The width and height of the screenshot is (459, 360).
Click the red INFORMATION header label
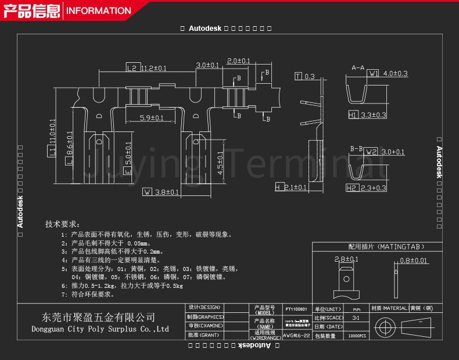click(x=99, y=10)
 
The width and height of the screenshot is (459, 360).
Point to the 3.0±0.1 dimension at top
click(x=207, y=65)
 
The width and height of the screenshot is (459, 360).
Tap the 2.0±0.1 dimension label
click(x=238, y=61)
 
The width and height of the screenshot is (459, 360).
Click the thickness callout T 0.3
click(x=305, y=77)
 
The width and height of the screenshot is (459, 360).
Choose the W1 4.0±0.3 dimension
click(x=388, y=74)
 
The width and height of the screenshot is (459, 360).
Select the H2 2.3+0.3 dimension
click(x=366, y=188)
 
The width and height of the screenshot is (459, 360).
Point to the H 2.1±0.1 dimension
click(x=291, y=187)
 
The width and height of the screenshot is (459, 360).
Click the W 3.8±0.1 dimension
click(x=161, y=192)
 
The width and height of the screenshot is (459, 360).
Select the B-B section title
click(x=356, y=149)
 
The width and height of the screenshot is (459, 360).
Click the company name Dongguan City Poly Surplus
click(x=99, y=329)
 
